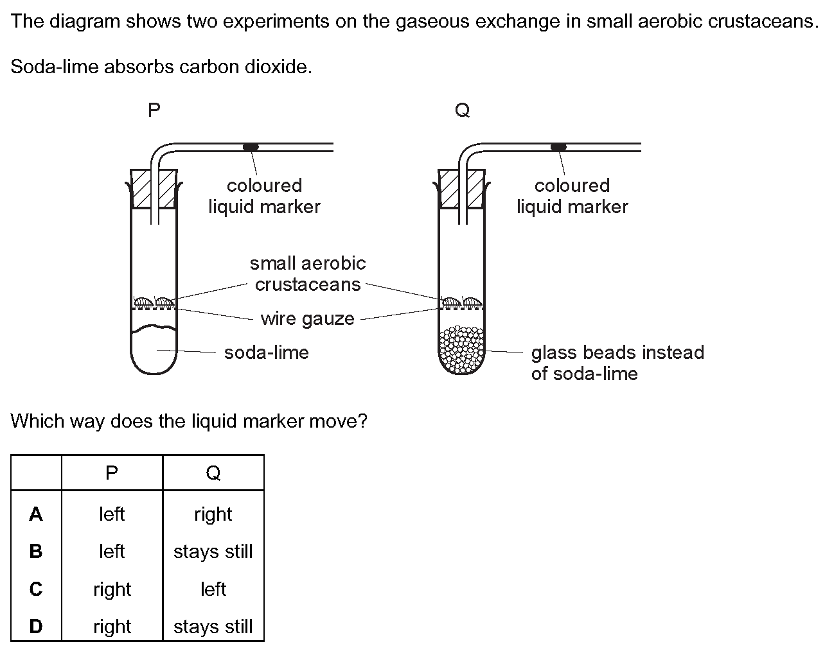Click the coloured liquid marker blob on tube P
point(251,147)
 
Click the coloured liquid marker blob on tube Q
point(559,147)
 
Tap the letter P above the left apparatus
point(154,110)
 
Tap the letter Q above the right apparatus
point(462,110)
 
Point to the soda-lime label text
point(266,353)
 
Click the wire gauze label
point(307,318)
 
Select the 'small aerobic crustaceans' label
point(308,274)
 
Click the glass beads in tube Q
point(461,351)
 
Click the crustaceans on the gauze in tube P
point(154,301)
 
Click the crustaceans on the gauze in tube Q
point(461,301)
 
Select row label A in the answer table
point(36,514)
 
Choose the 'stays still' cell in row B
point(213,552)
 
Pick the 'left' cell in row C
point(213,589)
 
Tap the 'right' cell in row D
point(112,627)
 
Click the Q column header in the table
point(213,473)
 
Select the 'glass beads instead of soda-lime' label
point(617,363)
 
